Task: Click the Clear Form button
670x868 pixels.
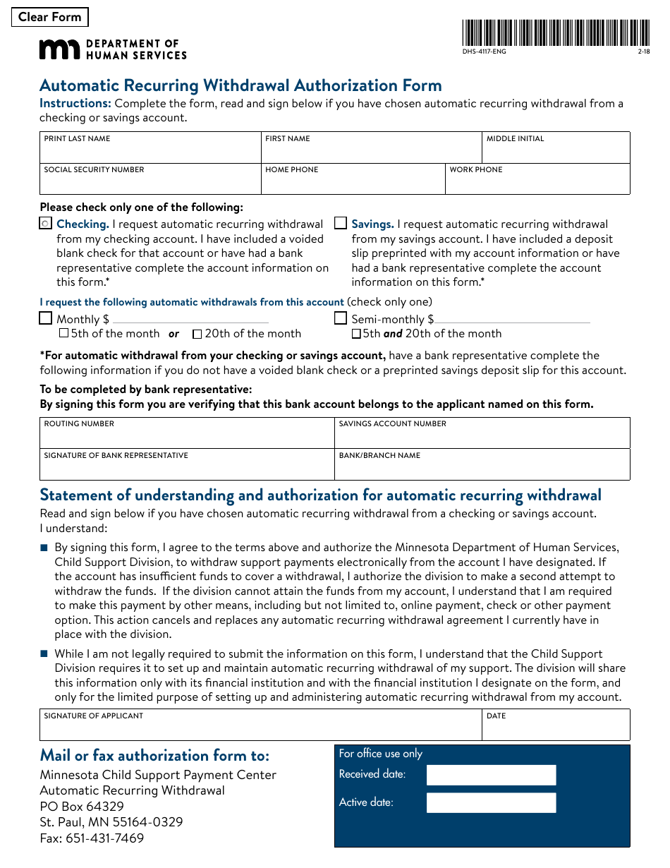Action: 50,17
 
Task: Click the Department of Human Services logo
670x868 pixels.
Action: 113,49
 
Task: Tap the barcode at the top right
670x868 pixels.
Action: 556,33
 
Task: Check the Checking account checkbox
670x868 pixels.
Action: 46,224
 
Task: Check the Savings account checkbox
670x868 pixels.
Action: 341,224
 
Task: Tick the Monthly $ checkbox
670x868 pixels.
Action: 46,318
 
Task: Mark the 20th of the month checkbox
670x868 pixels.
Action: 197,334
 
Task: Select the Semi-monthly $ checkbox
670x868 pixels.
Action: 341,318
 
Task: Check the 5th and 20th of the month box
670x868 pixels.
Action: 356,334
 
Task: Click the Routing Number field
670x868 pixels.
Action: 187,437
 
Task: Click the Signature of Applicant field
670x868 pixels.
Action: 261,729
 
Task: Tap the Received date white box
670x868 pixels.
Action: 491,775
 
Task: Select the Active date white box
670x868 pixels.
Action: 491,803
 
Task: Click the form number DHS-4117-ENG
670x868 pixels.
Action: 484,52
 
